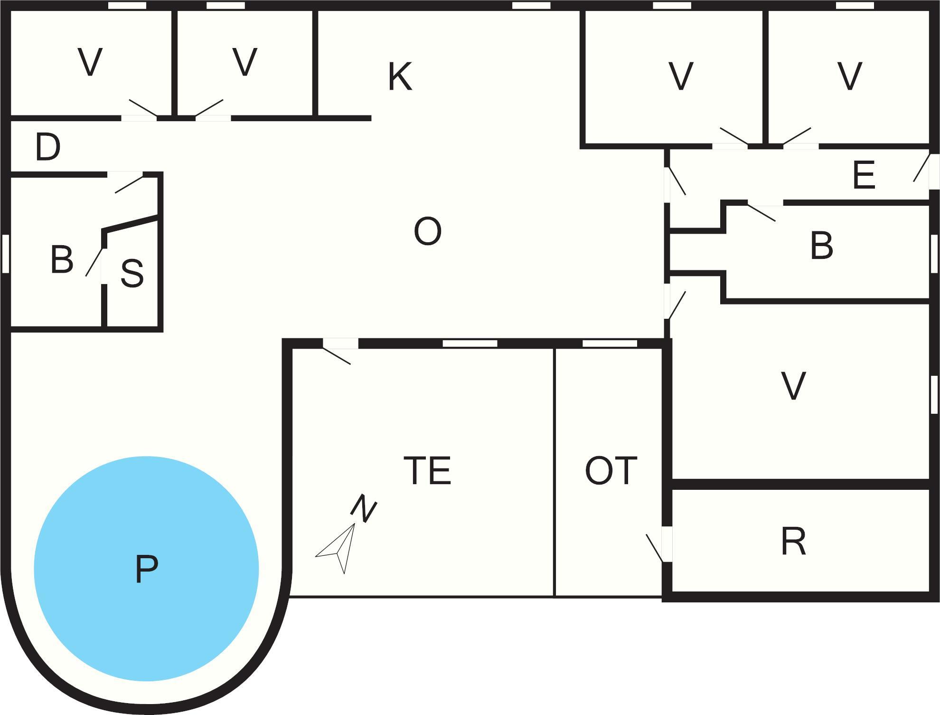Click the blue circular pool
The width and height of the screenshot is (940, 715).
pyautogui.click(x=146, y=569)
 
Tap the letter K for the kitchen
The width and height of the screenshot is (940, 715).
pyautogui.click(x=400, y=76)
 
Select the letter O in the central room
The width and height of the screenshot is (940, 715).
pyautogui.click(x=427, y=231)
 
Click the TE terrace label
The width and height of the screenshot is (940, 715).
pyautogui.click(x=427, y=471)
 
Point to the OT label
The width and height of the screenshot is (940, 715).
pyautogui.click(x=611, y=471)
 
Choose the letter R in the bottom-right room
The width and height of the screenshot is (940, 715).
pyautogui.click(x=793, y=542)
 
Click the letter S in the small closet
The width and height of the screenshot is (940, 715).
pyautogui.click(x=132, y=274)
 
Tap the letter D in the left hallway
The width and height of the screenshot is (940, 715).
pyautogui.click(x=48, y=147)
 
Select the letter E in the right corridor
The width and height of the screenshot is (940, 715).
pyautogui.click(x=864, y=176)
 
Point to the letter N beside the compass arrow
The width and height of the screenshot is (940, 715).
pyautogui.click(x=364, y=508)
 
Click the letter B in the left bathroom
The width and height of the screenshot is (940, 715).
pyautogui.click(x=62, y=260)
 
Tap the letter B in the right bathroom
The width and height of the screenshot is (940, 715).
pyautogui.click(x=821, y=246)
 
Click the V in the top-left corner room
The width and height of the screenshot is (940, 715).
pyautogui.click(x=90, y=62)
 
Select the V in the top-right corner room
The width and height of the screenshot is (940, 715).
pyautogui.click(x=849, y=76)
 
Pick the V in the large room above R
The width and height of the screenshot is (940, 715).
pyautogui.click(x=793, y=386)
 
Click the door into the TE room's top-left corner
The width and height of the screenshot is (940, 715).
pyautogui.click(x=340, y=344)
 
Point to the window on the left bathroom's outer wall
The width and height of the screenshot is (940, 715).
pyautogui.click(x=6, y=254)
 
